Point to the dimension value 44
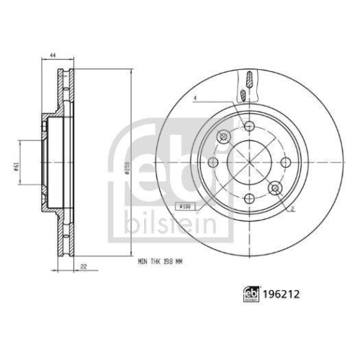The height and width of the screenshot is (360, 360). coord(53,56)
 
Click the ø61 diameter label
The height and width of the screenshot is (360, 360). coord(16,168)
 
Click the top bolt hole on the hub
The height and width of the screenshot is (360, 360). coord(249,127)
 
